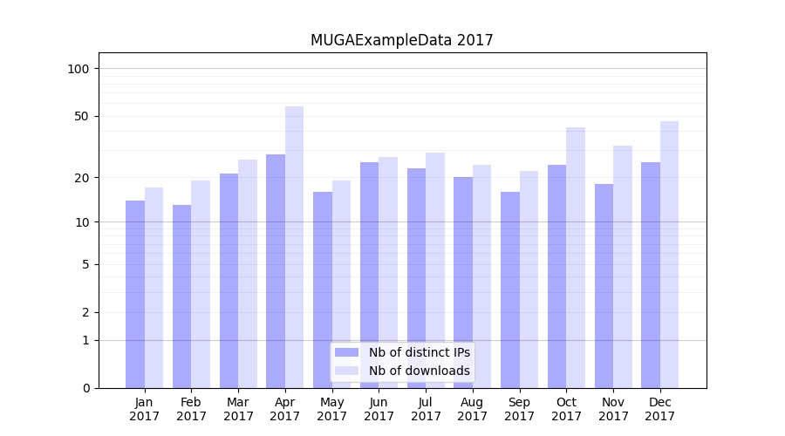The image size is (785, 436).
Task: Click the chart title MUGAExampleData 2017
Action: (x=401, y=40)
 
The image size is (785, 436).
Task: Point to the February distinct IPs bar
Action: (x=181, y=296)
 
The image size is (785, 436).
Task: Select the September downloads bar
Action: (x=529, y=279)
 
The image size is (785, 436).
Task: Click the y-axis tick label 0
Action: (x=86, y=388)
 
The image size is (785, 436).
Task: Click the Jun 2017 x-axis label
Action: (x=379, y=409)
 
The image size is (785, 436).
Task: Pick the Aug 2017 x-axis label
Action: (x=472, y=409)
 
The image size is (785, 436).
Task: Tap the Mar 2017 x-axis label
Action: (x=238, y=409)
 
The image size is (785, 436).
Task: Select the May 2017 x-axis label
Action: (x=331, y=409)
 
